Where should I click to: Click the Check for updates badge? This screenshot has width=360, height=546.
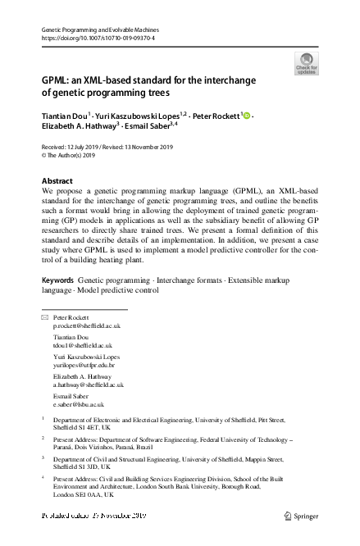[308, 64]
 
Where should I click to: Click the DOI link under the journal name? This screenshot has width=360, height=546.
[98, 38]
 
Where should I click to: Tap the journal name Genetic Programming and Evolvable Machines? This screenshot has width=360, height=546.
[98, 29]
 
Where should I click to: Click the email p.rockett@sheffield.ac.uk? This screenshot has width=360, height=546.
[88, 325]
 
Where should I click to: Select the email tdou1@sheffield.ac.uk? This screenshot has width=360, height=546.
[83, 346]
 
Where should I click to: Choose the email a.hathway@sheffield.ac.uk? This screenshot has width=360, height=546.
[89, 384]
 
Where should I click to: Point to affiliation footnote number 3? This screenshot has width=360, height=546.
[43, 458]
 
